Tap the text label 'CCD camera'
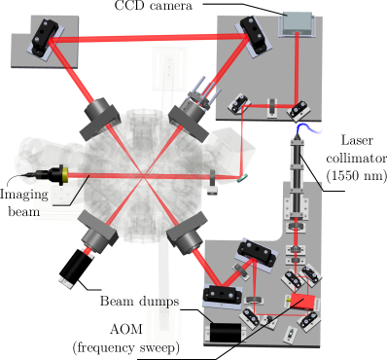click(154, 6)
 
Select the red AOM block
click(302, 302)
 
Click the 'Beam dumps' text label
click(139, 301)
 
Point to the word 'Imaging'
click(24, 196)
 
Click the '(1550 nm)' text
click(357, 175)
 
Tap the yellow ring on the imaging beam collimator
click(65, 175)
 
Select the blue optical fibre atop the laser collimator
click(308, 128)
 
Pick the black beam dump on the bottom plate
click(226, 332)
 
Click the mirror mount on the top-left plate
click(44, 36)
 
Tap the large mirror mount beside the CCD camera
click(256, 35)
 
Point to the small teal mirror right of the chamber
click(243, 178)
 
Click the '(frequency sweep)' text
click(125, 348)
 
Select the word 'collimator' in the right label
click(357, 158)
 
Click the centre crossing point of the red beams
click(143, 176)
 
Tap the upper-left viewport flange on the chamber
click(100, 118)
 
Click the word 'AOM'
click(125, 330)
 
